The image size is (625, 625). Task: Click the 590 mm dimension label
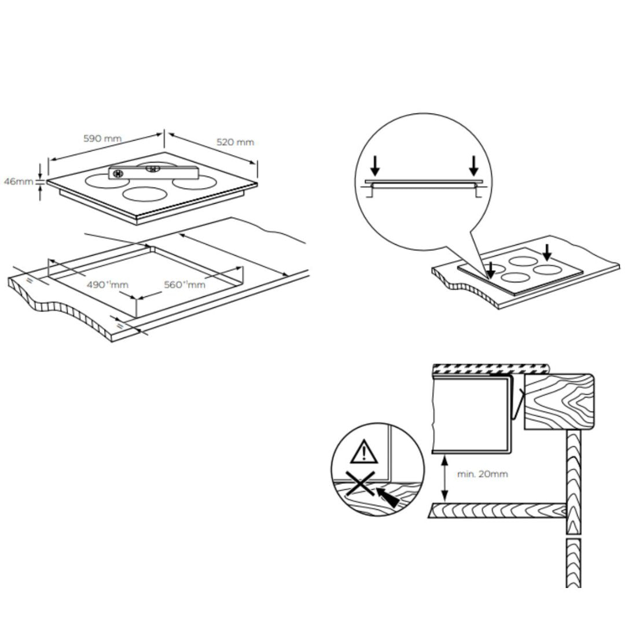102,139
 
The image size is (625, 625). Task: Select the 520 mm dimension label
235,142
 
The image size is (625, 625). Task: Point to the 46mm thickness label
19,182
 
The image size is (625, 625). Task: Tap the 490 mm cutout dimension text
107,285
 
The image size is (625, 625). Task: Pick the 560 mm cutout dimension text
185,285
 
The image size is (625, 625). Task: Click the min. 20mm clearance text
482,474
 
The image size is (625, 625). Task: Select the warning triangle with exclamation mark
364,453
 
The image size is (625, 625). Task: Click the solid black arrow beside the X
387,497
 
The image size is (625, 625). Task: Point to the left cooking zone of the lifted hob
104,181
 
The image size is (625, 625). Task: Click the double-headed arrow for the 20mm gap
444,478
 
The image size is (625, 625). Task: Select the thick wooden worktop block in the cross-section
559,401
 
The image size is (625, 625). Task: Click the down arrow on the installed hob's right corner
547,252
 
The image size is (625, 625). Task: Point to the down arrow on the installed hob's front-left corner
490,270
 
